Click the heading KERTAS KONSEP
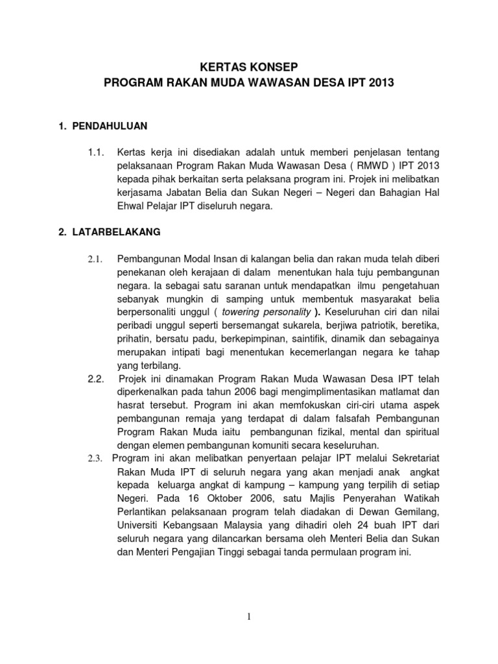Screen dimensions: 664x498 point(249,66)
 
